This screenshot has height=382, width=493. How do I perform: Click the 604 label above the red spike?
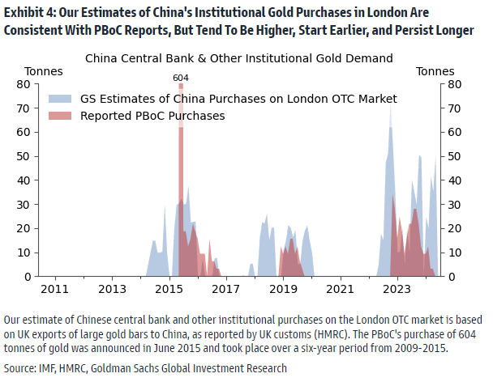180,77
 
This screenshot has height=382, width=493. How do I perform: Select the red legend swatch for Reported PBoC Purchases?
62,116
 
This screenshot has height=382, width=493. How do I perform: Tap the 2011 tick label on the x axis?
54,289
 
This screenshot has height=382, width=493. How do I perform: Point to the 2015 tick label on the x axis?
169,289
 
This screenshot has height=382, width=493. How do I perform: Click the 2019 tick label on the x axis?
283,289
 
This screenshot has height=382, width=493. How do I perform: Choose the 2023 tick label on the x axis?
397,289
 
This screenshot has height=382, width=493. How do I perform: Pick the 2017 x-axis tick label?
225,289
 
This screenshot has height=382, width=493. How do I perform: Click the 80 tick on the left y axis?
24,84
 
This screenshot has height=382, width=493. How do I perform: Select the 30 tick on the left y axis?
24,204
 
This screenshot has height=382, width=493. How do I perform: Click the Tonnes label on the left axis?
44,71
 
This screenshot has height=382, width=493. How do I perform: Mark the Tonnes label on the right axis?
435,71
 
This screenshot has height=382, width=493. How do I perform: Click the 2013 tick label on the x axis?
112,289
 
